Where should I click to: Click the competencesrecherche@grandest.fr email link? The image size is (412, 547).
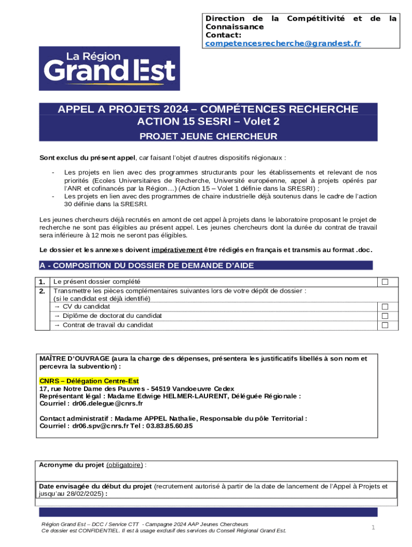point(283,43)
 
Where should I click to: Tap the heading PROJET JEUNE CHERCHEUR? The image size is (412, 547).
point(208,136)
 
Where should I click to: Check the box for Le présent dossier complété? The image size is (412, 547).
point(384,282)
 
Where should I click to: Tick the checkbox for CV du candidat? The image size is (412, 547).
point(384,307)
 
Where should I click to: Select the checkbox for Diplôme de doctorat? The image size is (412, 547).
point(384,316)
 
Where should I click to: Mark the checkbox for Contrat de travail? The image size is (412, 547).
point(384,325)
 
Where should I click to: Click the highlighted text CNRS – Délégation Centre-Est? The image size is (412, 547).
point(89,381)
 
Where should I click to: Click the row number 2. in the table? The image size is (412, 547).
point(42,291)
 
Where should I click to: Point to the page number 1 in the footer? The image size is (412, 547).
point(373,528)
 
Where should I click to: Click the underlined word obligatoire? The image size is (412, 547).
point(125,465)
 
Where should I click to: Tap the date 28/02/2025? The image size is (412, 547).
point(87,495)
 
